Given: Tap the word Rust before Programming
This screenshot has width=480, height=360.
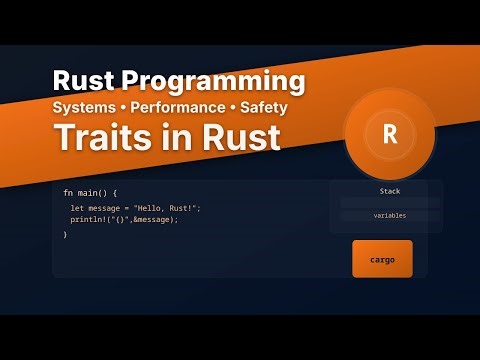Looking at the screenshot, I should click(x=87, y=81).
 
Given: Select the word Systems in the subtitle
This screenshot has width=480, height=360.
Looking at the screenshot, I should click(x=88, y=106).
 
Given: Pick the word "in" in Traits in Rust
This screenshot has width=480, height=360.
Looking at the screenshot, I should click(x=181, y=138).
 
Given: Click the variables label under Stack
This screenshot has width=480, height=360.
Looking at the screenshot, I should click(x=390, y=215).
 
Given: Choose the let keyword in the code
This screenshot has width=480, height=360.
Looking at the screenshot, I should click(x=76, y=207).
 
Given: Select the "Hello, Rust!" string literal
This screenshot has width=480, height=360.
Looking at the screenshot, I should click(x=167, y=207).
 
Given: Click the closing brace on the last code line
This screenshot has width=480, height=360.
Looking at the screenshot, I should click(x=65, y=234).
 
